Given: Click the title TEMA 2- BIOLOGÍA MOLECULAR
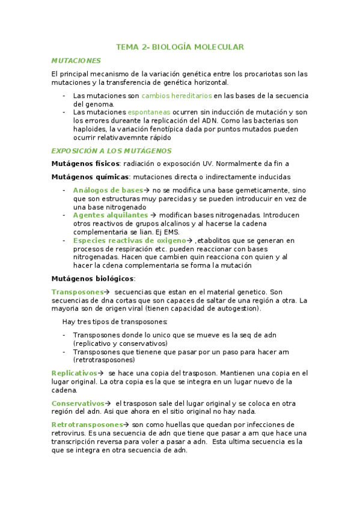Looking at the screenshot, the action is tap(180, 47).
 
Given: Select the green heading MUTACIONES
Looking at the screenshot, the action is tap(76, 61).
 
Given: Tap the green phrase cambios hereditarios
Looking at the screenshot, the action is tap(177, 95).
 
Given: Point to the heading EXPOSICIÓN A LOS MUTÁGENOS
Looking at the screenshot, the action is tap(111, 151).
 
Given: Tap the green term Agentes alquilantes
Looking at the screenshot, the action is tap(111, 215).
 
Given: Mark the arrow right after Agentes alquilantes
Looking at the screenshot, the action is tap(153, 215).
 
